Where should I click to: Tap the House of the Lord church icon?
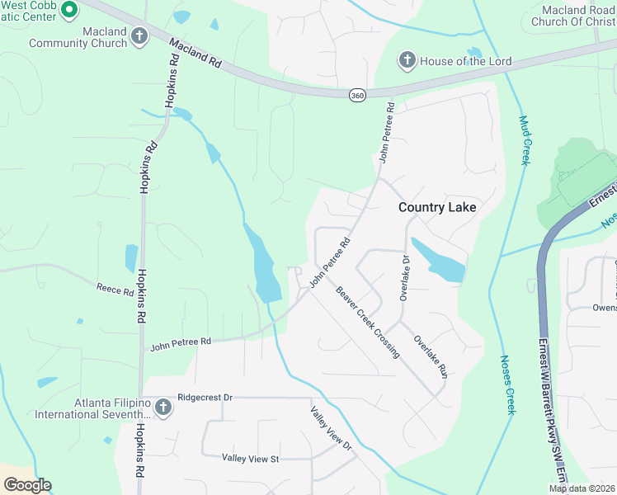click(x=407, y=60)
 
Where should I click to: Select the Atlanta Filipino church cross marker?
click(x=162, y=407)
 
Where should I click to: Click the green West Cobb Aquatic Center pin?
click(x=68, y=10)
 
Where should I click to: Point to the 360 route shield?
click(x=356, y=96)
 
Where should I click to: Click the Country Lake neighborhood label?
click(x=437, y=207)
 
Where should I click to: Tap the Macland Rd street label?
click(x=197, y=52)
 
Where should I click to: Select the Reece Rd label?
click(x=115, y=290)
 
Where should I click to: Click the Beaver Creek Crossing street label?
click(x=368, y=322)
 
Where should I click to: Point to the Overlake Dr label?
click(x=404, y=277)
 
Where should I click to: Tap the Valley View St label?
click(x=251, y=458)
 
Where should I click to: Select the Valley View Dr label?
click(x=331, y=428)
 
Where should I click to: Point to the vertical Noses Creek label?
click(x=507, y=384)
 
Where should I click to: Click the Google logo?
click(x=26, y=484)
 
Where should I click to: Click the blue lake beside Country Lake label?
click(x=437, y=261)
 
